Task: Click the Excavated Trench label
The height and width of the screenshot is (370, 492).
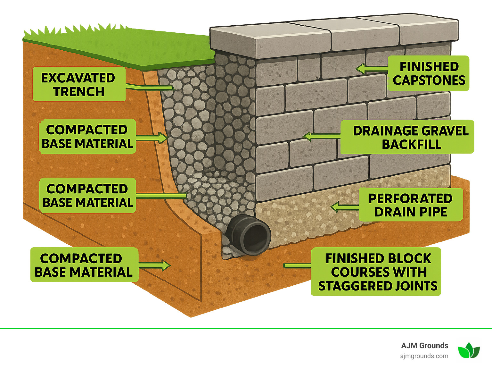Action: [79, 84]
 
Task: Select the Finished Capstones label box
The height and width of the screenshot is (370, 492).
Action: [429, 73]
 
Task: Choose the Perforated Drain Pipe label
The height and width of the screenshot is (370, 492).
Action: [411, 205]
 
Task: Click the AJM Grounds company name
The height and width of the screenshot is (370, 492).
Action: [424, 346]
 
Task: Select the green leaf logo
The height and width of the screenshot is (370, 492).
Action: [469, 350]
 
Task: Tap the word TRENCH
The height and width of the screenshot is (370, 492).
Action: [79, 92]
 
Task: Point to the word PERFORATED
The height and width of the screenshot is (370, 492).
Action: [410, 198]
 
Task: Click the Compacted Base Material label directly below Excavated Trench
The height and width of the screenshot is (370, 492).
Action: [87, 137]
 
